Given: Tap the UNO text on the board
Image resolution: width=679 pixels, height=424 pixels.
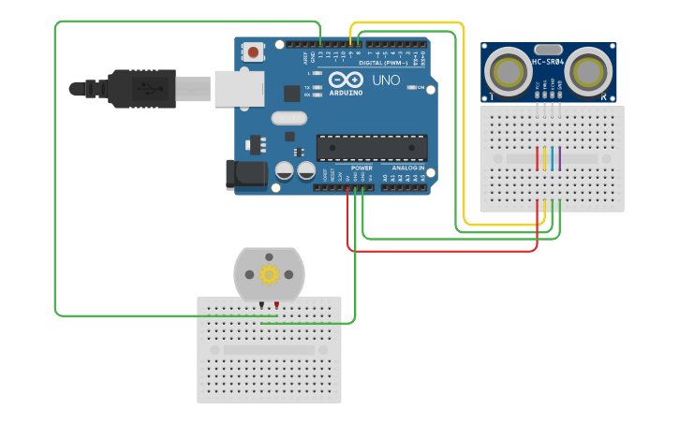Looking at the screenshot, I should (x=386, y=81).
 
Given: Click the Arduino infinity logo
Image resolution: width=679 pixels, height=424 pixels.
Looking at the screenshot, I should (x=344, y=80).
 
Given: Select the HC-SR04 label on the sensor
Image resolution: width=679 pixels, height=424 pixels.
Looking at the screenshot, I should (x=549, y=63).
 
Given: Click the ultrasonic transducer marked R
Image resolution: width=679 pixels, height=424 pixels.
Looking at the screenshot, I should (x=588, y=72).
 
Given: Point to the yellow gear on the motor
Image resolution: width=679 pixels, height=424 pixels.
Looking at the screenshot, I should (x=270, y=274).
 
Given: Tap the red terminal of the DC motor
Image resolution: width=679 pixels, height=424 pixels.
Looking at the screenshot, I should (x=276, y=305).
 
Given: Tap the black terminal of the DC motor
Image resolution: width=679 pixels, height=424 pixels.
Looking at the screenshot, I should (x=261, y=305).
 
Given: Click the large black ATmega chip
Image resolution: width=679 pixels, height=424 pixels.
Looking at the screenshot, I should (x=372, y=148).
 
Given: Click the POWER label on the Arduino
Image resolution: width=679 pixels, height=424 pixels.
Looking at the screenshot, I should (x=362, y=168).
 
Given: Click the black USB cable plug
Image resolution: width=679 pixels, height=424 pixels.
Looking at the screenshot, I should (x=140, y=89).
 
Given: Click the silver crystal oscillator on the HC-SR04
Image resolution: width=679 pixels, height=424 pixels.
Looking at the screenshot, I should (x=547, y=49).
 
